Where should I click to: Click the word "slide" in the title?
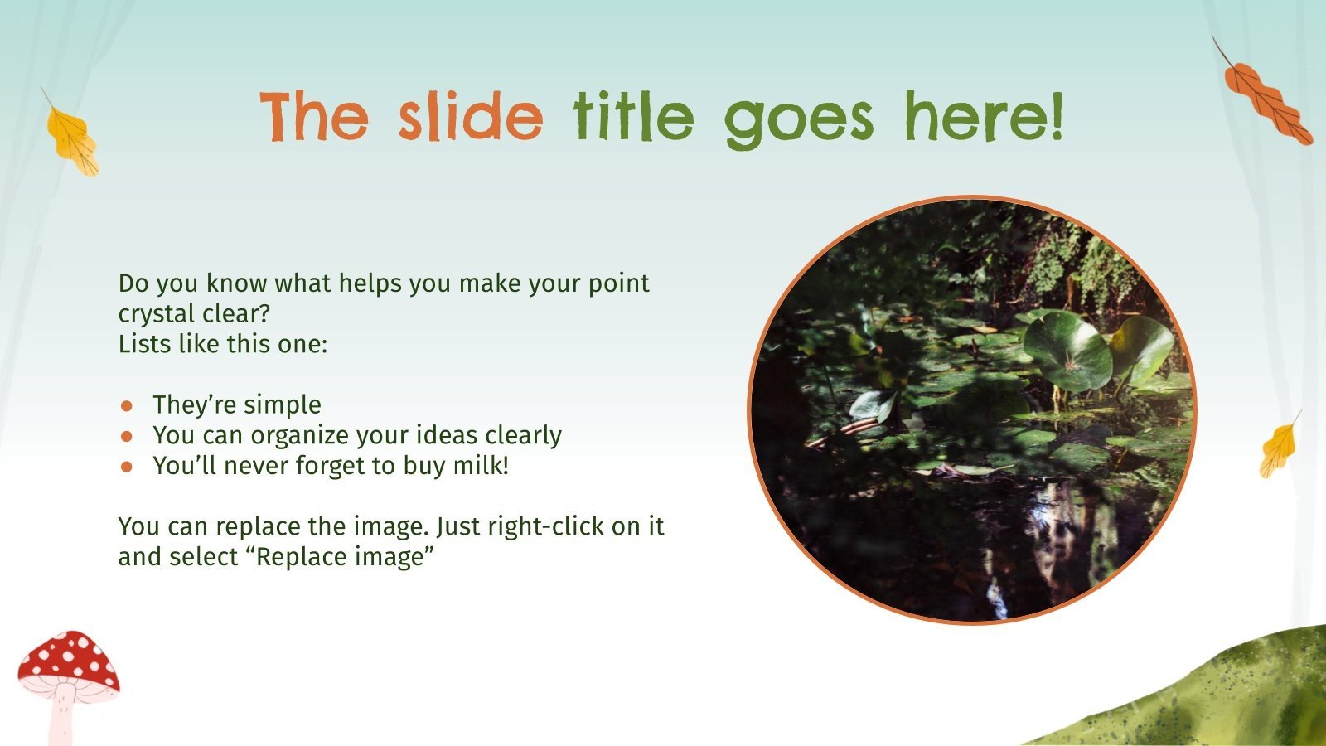(470, 118)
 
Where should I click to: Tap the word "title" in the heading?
(634, 118)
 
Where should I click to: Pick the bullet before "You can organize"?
(127, 436)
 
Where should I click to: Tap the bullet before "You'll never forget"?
(127, 467)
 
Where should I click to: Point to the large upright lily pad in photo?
(1067, 350)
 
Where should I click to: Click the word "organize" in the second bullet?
(302, 436)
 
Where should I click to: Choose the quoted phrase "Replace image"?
(345, 556)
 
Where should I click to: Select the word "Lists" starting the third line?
(143, 344)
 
